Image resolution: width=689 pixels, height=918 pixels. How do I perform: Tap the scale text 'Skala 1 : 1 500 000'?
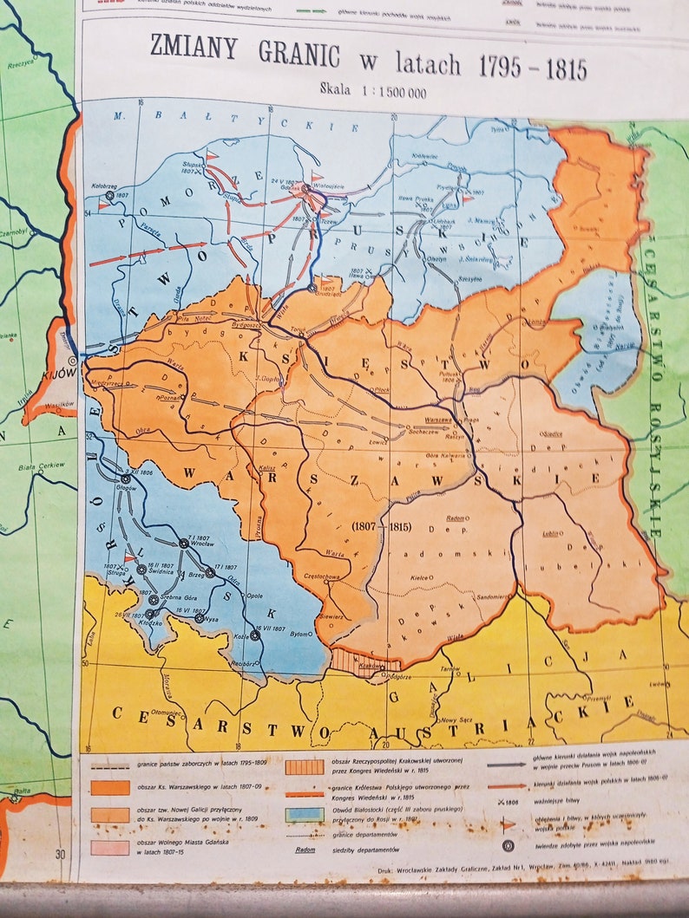tap(372, 89)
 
